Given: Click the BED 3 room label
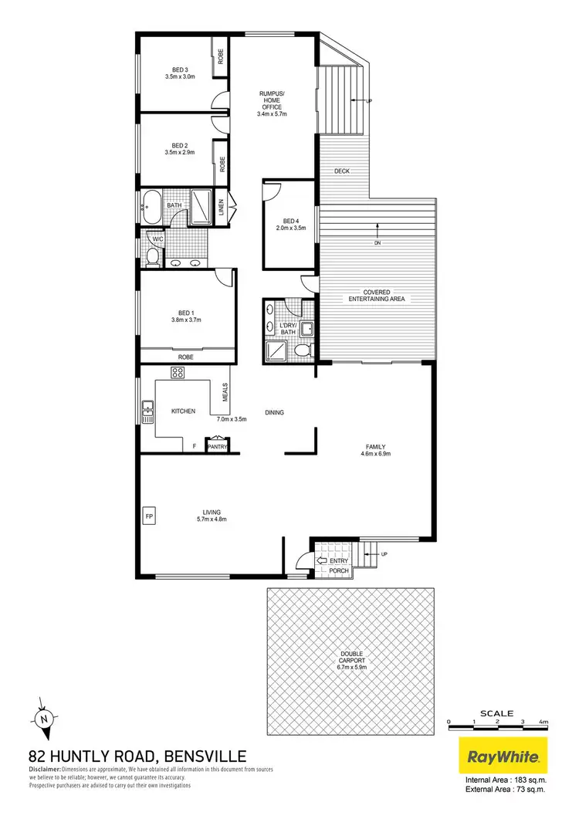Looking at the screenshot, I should (x=179, y=69).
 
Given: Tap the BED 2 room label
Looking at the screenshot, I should (x=179, y=144).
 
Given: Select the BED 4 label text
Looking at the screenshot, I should (x=290, y=219).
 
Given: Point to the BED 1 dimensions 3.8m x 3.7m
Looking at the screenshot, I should (x=185, y=320).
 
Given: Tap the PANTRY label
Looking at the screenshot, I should (x=217, y=445).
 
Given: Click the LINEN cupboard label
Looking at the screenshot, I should (x=221, y=208).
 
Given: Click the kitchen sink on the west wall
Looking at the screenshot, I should (x=146, y=409).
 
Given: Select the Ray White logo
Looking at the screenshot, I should (x=503, y=756).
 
